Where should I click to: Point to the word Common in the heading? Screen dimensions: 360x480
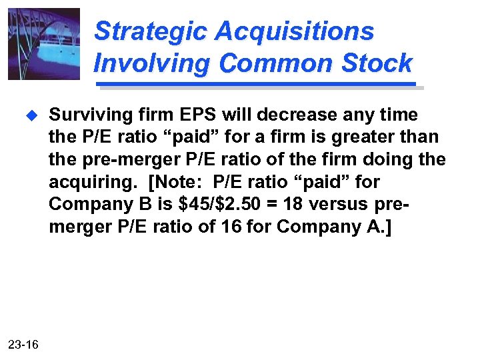coord(273,63)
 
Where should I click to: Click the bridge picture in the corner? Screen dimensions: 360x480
coord(43,44)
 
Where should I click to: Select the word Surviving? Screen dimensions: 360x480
coord(85,115)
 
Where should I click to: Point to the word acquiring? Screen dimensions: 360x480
coord(86,182)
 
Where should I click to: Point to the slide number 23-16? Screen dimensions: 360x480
coord(23,344)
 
